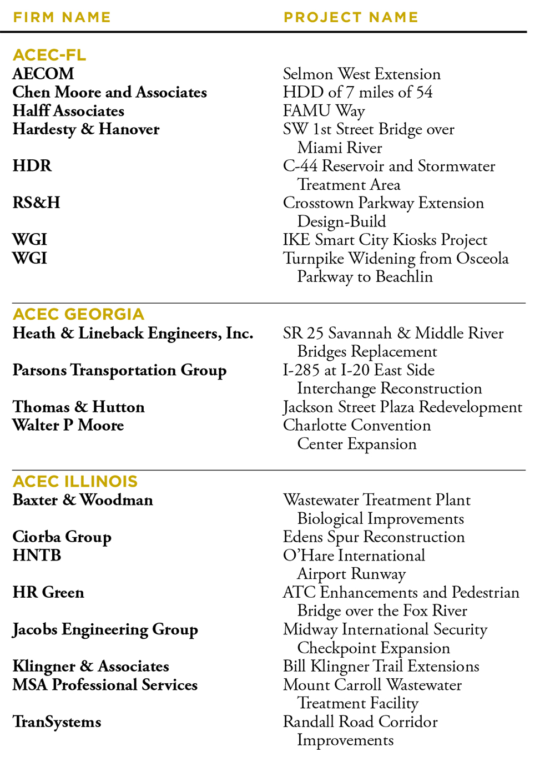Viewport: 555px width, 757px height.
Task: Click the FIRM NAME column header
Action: (62, 17)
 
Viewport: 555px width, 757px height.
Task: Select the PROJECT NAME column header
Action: (351, 17)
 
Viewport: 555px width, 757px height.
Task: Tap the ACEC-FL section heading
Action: (49, 55)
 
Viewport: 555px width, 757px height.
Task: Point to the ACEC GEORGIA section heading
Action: (78, 314)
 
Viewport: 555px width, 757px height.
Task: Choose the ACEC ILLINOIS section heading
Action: (75, 481)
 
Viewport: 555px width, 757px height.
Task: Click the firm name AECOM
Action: (43, 74)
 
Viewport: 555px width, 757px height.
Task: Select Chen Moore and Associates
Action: (109, 92)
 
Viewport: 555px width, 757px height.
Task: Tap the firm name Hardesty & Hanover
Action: (86, 129)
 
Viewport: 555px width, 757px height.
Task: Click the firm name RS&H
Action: (36, 203)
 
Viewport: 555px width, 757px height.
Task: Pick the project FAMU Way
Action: (324, 111)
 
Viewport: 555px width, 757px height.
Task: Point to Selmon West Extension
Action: (361, 74)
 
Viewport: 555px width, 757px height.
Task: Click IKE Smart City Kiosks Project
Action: (385, 240)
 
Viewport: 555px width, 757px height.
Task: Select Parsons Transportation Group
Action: (119, 370)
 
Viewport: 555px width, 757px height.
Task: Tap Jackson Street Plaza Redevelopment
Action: (402, 407)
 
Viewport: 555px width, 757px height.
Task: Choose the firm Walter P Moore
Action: (68, 426)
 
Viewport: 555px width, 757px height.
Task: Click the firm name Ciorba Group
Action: (62, 537)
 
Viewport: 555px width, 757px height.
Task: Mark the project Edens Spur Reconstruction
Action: (374, 537)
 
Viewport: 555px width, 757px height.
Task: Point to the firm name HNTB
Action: (37, 556)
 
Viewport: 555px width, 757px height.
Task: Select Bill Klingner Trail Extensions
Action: (381, 667)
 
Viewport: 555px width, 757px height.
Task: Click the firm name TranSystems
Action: (57, 722)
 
